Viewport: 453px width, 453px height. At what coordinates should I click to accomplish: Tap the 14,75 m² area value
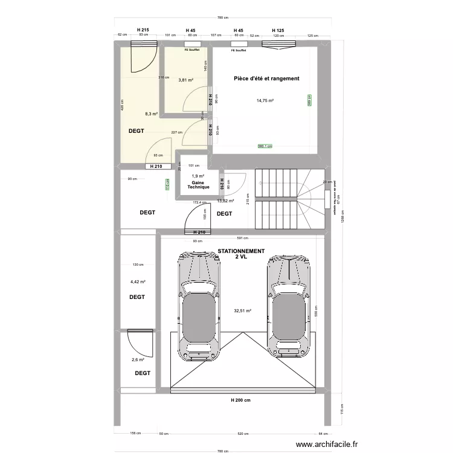265,101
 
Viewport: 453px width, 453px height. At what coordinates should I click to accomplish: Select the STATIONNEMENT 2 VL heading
241,254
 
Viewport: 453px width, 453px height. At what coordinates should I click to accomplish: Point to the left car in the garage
198,306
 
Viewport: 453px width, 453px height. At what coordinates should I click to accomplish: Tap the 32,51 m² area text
242,311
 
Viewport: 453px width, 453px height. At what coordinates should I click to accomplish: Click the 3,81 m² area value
185,80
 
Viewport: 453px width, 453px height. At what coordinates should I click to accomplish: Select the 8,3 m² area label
151,113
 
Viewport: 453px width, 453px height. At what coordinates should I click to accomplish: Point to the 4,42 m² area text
138,281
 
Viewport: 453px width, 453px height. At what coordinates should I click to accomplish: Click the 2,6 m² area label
138,360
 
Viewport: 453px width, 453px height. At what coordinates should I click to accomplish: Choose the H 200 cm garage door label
241,400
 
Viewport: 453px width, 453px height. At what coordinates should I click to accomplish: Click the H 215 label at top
143,30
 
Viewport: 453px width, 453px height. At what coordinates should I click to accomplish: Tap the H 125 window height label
278,30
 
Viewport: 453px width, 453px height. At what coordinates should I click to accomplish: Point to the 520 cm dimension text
242,434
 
